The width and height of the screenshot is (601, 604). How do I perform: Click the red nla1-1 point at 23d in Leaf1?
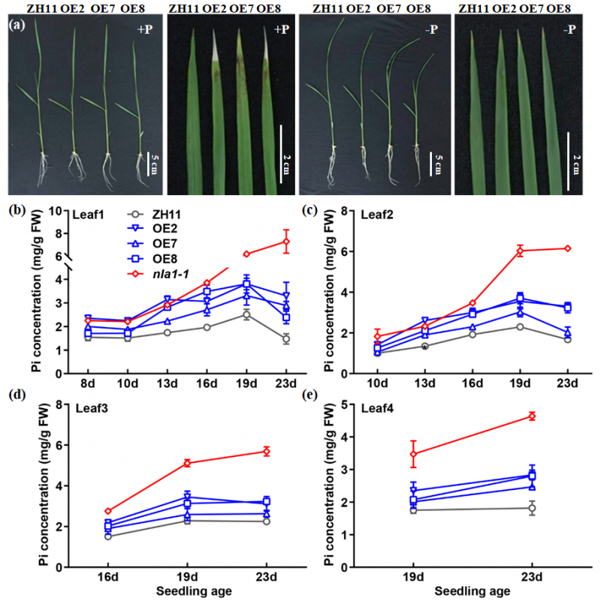[x=264, y=242]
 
